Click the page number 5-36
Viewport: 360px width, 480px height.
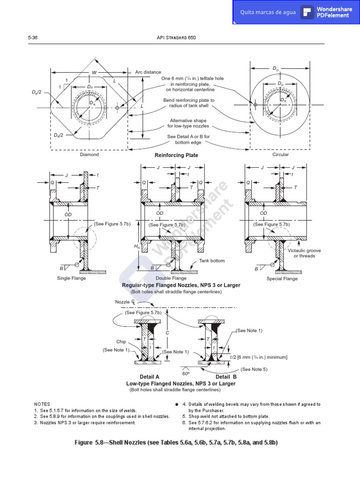click(x=32, y=38)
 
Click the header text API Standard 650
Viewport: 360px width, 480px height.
click(x=180, y=38)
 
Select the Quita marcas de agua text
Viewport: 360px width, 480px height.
click(x=268, y=12)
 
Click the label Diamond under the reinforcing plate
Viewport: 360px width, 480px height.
click(x=89, y=155)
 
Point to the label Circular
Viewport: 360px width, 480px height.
click(x=280, y=154)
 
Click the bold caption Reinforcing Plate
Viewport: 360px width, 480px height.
click(x=176, y=155)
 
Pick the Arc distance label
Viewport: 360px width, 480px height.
click(x=148, y=72)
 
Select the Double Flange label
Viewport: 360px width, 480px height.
click(x=174, y=278)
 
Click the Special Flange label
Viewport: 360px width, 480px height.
click(x=282, y=278)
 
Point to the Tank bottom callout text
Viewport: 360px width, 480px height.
click(x=212, y=261)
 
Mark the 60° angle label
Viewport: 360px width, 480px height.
click(x=186, y=374)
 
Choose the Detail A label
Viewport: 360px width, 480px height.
click(x=150, y=377)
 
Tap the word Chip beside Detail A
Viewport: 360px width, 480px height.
click(x=121, y=342)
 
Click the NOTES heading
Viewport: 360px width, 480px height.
click(x=42, y=404)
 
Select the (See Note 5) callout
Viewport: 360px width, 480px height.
click(x=254, y=369)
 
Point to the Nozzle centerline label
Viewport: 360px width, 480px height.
click(x=125, y=302)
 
